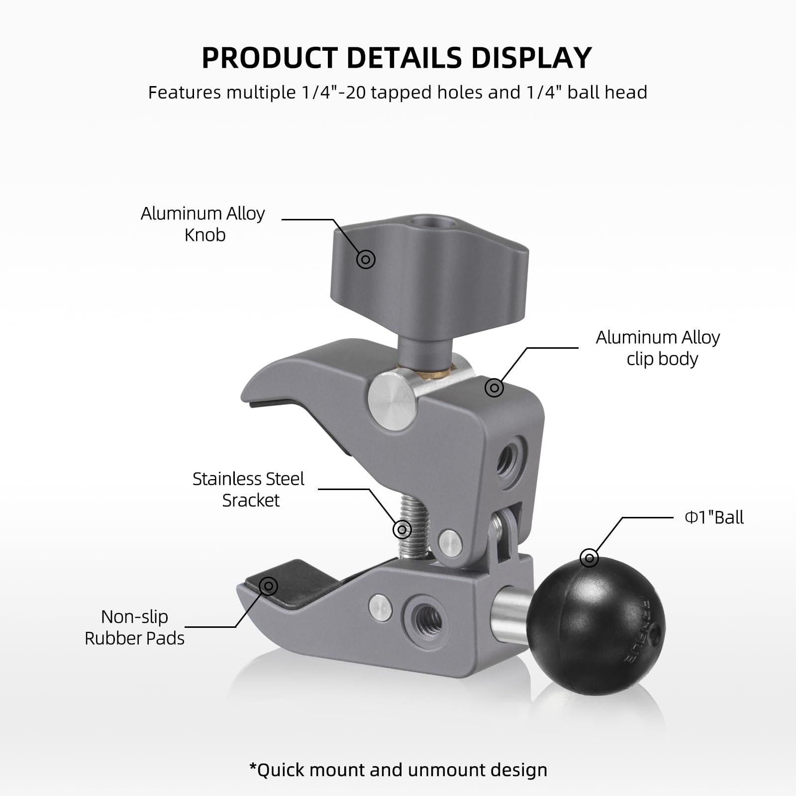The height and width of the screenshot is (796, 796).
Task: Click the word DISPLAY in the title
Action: pyautogui.click(x=531, y=58)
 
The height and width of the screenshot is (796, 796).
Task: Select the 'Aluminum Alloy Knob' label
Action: pyautogui.click(x=203, y=224)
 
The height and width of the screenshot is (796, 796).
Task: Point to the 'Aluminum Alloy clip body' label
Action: pyautogui.click(x=658, y=348)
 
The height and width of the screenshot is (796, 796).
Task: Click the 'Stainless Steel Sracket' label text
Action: pyautogui.click(x=249, y=490)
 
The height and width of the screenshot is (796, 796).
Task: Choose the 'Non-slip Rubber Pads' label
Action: pyautogui.click(x=134, y=627)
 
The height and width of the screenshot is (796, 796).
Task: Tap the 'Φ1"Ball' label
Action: pyautogui.click(x=714, y=517)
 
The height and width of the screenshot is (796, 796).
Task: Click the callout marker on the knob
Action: pyautogui.click(x=366, y=259)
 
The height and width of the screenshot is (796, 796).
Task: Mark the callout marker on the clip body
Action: pyautogui.click(x=494, y=388)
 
